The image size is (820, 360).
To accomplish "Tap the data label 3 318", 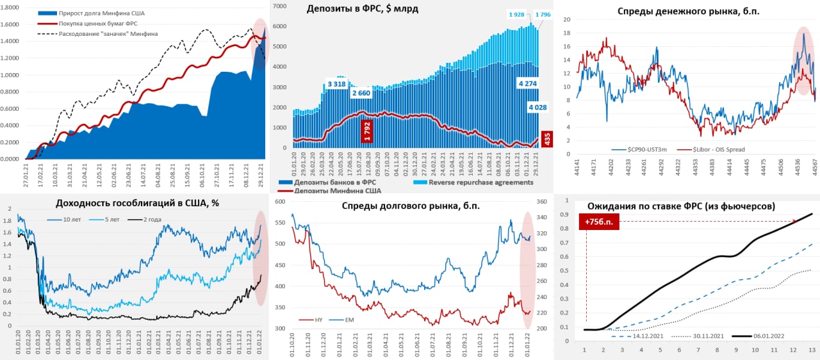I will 337,84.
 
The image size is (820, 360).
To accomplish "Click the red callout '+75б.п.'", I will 598,222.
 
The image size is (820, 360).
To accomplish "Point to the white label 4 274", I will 527,83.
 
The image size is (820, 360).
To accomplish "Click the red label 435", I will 546,139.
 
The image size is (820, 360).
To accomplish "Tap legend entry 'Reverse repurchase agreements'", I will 480,183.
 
